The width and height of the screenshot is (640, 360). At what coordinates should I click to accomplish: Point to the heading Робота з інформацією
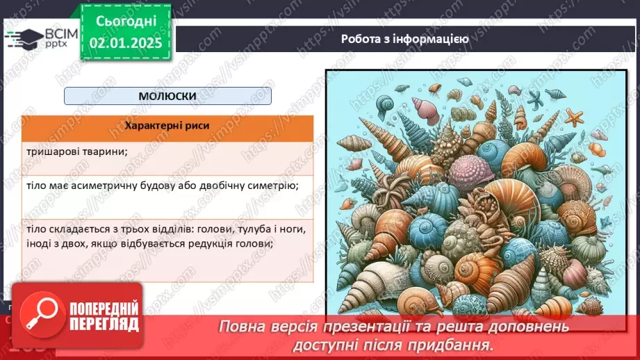point(404,39)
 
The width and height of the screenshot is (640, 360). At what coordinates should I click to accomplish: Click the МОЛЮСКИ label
point(167,96)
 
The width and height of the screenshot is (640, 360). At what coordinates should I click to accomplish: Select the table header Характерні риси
point(167,126)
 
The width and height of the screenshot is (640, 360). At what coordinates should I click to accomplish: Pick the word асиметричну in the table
point(118,186)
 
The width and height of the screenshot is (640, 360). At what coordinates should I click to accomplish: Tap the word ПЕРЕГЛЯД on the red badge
point(103,324)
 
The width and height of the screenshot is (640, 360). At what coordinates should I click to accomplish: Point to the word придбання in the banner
point(465,343)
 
